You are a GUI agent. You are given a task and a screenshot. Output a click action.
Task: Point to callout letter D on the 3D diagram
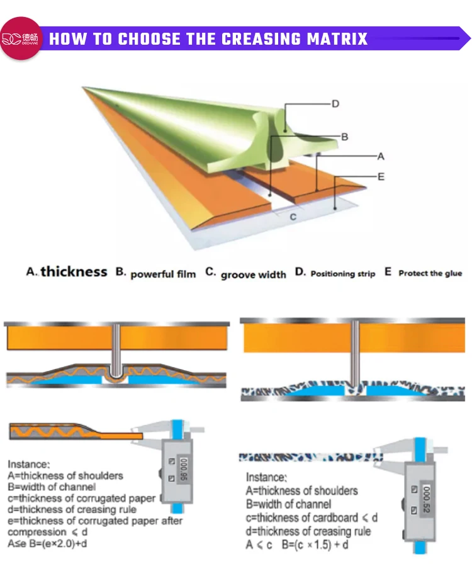coord(335,104)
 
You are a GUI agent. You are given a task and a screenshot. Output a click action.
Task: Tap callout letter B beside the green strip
coord(344,136)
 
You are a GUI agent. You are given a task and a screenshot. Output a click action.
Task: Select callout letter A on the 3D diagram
coord(380,156)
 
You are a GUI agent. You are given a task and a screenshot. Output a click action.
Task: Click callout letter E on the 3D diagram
coord(380,177)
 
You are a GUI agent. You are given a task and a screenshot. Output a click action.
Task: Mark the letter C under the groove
coord(293,216)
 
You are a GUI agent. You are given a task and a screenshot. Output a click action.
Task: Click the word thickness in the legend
coord(74,272)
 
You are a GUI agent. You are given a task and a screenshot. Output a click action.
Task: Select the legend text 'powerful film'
coord(163,274)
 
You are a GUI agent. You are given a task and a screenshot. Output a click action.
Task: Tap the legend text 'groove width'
coord(253,275)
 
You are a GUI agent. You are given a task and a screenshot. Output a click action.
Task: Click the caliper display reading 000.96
coord(182,468)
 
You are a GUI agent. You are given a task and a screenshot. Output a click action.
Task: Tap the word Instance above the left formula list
coord(28,465)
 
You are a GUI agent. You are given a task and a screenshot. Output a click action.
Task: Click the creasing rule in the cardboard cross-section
coord(356,353)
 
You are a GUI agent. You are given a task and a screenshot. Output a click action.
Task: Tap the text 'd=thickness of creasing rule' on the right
coord(308,531)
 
